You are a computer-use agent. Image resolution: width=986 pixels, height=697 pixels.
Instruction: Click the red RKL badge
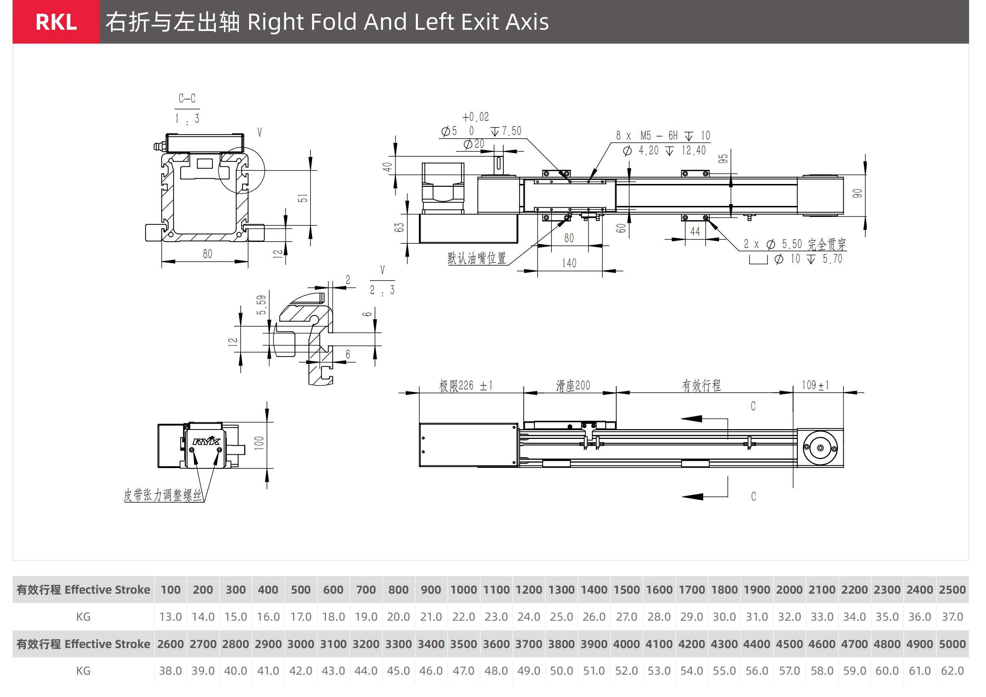click(x=56, y=22)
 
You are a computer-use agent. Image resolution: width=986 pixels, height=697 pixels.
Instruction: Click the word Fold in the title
click(x=333, y=22)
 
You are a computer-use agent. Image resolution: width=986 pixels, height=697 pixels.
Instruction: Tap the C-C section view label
click(x=187, y=98)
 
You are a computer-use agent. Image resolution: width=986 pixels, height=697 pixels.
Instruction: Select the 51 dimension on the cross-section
click(x=303, y=198)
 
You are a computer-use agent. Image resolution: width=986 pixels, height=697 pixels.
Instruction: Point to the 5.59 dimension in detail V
click(x=261, y=305)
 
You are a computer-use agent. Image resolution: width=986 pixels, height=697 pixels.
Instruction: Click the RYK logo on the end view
click(x=206, y=441)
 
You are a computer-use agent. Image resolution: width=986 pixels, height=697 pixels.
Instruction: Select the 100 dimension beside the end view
click(x=259, y=443)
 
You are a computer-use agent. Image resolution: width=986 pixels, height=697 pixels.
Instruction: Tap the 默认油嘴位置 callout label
click(x=476, y=258)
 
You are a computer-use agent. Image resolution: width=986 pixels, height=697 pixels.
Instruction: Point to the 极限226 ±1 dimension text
click(x=465, y=386)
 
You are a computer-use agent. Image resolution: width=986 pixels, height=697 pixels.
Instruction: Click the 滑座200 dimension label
click(x=573, y=386)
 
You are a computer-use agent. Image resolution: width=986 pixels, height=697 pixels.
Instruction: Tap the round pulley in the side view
click(x=820, y=448)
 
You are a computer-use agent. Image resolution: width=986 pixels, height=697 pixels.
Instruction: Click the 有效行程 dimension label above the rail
click(x=701, y=386)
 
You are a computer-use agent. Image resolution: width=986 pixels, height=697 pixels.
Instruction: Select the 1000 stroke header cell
click(x=463, y=590)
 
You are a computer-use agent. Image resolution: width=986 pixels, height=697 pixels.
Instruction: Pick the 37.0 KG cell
click(x=952, y=617)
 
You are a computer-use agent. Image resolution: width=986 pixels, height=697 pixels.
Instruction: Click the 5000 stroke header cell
click(x=952, y=644)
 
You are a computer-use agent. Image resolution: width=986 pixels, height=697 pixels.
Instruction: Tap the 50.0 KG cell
click(x=561, y=671)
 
